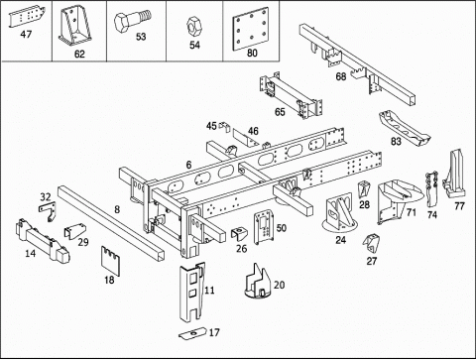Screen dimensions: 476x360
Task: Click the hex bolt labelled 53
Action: (132, 21)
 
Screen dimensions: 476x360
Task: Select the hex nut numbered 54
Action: (193, 27)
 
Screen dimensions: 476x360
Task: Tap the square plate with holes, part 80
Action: (250, 29)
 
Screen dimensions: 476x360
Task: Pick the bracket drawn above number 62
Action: (75, 27)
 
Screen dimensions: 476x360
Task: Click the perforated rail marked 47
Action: (27, 16)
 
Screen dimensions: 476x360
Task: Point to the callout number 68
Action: (341, 76)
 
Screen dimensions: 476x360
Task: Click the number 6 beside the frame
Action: (188, 165)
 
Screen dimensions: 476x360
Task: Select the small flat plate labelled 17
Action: (192, 333)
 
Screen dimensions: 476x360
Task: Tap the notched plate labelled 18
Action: (110, 261)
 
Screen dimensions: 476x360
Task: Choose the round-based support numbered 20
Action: (258, 282)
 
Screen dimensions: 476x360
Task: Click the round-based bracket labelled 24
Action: (340, 213)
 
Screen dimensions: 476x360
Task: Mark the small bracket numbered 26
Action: (239, 234)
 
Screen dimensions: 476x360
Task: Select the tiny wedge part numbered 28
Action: (364, 188)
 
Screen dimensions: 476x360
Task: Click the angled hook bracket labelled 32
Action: (48, 211)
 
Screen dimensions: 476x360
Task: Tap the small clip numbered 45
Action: (224, 127)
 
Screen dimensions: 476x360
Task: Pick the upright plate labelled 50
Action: (264, 227)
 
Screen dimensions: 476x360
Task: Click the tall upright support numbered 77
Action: (455, 175)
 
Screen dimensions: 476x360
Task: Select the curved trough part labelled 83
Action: (405, 128)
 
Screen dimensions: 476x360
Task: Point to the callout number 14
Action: (31, 254)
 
